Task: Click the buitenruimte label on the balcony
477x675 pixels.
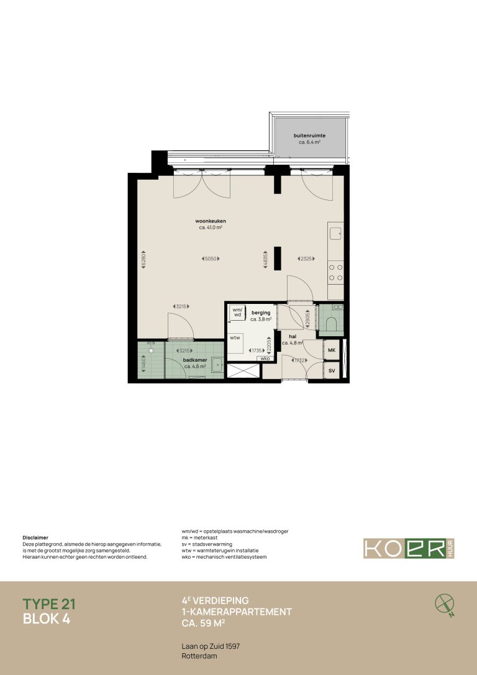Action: (x=309, y=135)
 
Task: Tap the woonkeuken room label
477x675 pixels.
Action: (x=211, y=221)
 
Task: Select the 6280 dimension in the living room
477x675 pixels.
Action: (x=143, y=259)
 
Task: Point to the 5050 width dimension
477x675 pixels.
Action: (x=211, y=259)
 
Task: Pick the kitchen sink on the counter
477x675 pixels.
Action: (x=335, y=234)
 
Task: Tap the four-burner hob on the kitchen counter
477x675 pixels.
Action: (x=336, y=272)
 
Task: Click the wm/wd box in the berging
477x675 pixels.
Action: (x=237, y=312)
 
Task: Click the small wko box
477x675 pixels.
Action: (x=265, y=359)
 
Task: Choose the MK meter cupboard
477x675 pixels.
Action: (x=332, y=351)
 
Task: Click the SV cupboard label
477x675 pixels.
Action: (x=332, y=371)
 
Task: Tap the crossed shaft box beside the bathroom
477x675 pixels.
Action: (x=243, y=371)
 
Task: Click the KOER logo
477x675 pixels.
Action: (x=409, y=548)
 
